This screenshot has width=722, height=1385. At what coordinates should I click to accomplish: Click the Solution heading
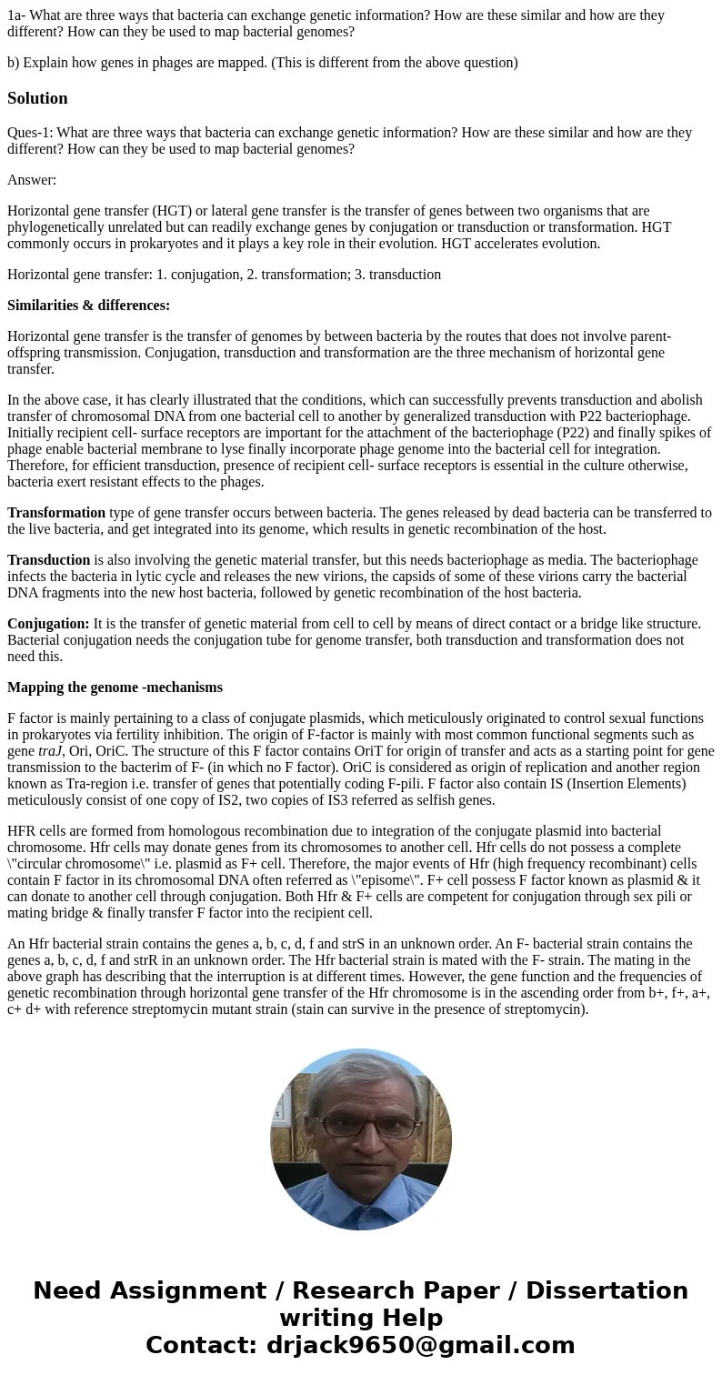(37, 98)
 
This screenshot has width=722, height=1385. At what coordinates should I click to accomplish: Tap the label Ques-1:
(30, 133)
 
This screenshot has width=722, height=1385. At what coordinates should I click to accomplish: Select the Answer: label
(32, 180)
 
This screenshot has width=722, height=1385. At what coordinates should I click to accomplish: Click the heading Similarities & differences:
(88, 306)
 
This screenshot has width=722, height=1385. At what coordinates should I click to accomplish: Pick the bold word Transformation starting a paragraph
(56, 513)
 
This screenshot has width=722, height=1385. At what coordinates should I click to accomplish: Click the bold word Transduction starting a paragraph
(48, 560)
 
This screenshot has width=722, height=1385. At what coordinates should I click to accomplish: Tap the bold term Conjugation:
(48, 624)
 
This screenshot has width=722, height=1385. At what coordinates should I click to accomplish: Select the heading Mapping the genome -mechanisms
(115, 687)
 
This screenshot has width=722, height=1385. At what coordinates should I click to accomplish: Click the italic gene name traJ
(49, 751)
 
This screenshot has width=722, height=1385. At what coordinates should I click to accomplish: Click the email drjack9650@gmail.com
(420, 1346)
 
